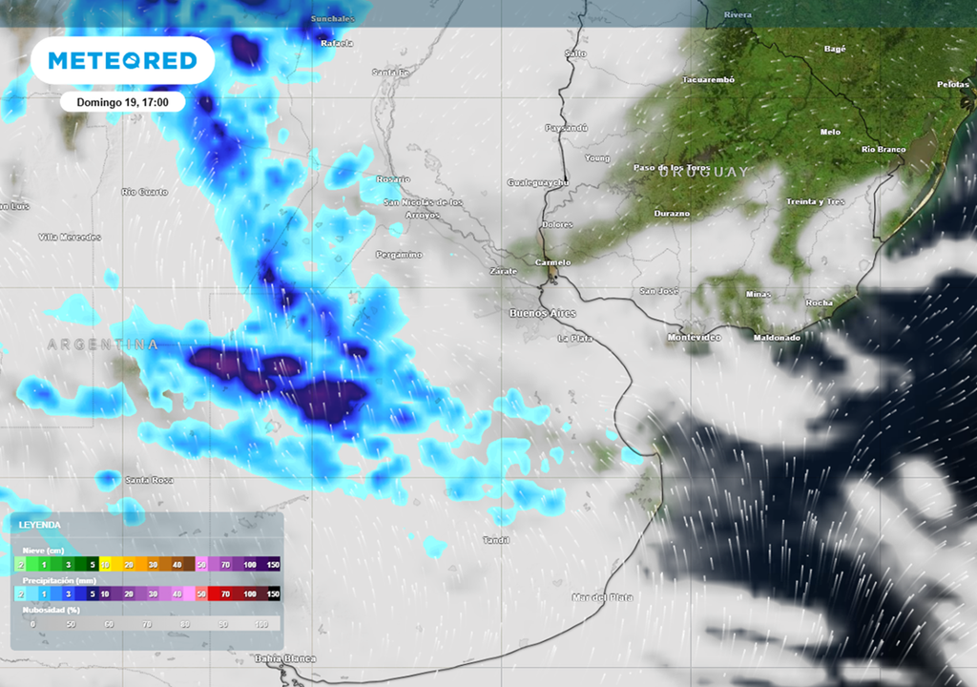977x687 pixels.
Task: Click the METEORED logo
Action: [x=122, y=61]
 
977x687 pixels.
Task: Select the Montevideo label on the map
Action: [x=694, y=338]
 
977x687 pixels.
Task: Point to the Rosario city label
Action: [x=393, y=179]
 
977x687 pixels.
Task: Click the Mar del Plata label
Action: [x=602, y=597]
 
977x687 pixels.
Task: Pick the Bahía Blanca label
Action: [x=285, y=658]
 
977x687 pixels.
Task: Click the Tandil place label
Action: [x=496, y=540]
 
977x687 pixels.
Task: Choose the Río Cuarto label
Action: [x=145, y=192]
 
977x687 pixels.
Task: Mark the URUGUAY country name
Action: [x=701, y=172]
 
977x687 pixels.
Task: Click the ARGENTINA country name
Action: [x=102, y=343]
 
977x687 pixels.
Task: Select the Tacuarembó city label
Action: [x=708, y=80]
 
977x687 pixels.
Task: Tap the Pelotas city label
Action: [x=952, y=84]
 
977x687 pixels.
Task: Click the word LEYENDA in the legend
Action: [x=40, y=525]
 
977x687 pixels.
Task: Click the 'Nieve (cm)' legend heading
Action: [x=43, y=551]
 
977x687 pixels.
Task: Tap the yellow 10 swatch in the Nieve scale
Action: [x=106, y=565]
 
